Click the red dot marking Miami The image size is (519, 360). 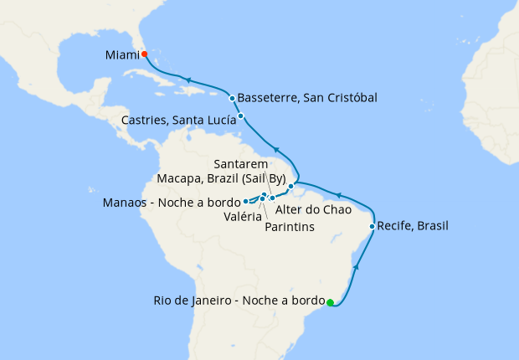[144, 54]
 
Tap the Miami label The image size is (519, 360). [122, 55]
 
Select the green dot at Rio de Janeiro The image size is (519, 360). [331, 302]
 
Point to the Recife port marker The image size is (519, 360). [372, 226]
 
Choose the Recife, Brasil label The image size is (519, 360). [414, 226]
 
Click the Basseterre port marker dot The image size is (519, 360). [232, 98]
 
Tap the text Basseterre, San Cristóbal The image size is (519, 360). [307, 98]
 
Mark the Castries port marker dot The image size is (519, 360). [241, 116]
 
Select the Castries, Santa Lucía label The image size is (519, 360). [177, 121]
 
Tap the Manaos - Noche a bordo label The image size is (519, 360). [171, 203]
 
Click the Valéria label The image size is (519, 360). [242, 216]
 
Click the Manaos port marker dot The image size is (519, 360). [245, 202]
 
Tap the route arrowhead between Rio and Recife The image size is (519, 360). [357, 266]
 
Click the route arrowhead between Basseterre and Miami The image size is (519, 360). [190, 80]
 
